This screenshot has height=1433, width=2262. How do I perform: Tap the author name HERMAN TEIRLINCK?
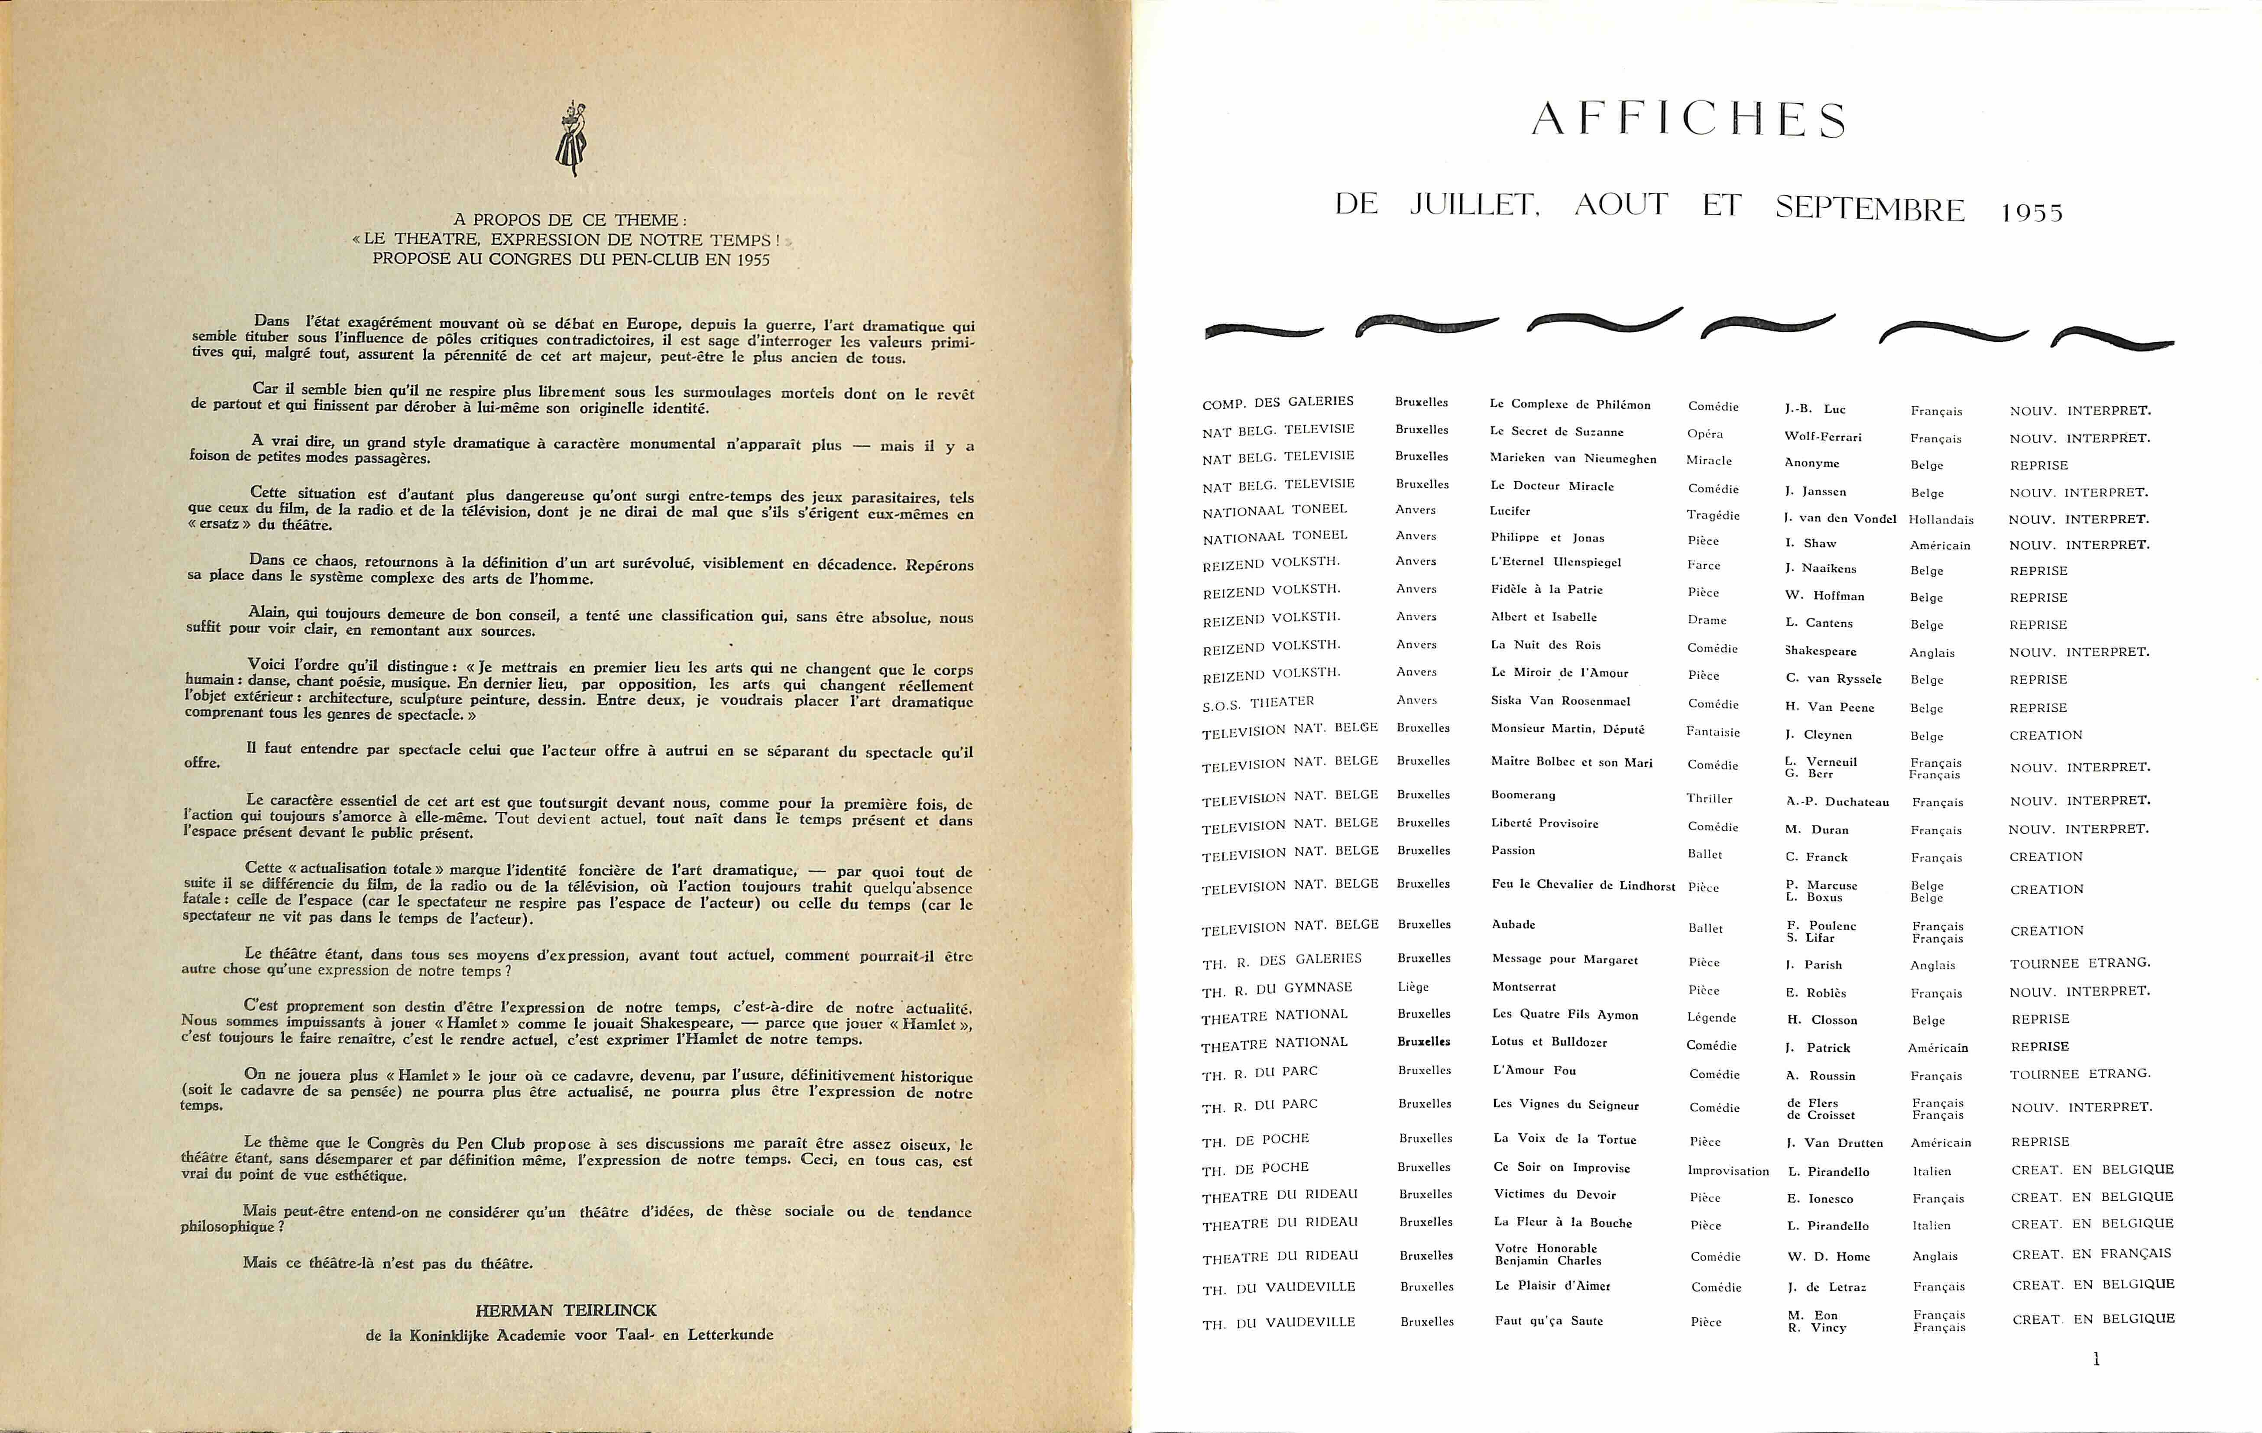[x=566, y=1310]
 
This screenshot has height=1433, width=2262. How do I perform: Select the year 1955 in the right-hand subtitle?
[x=2032, y=212]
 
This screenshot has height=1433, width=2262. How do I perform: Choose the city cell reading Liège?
[x=1413, y=987]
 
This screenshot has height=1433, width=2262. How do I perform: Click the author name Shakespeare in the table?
[x=1821, y=651]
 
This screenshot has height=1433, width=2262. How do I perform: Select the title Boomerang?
[x=1523, y=795]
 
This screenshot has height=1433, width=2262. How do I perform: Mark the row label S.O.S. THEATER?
[x=1258, y=703]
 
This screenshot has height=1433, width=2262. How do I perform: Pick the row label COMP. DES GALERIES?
[x=1277, y=403]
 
